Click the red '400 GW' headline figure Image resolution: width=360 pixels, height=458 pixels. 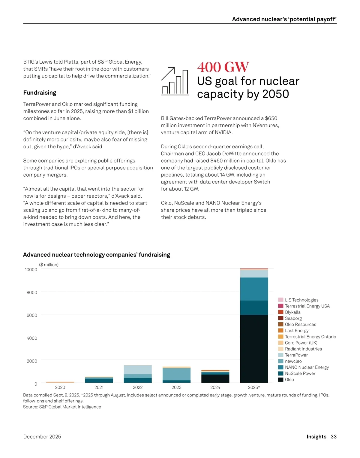[x=223, y=67]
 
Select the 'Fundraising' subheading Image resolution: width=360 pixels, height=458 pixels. [x=40, y=93]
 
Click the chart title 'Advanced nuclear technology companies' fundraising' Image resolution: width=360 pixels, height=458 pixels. [x=96, y=255]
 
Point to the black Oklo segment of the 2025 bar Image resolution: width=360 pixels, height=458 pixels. [x=254, y=348]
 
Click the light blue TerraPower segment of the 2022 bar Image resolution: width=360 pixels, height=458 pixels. [x=138, y=369]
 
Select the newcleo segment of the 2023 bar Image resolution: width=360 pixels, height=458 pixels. [x=176, y=374]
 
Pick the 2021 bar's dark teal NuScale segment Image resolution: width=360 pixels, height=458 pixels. [x=99, y=381]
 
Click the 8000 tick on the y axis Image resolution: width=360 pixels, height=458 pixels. [x=32, y=293]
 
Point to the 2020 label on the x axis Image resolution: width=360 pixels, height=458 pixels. [x=60, y=387]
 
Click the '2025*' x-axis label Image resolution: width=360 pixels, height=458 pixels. [x=254, y=387]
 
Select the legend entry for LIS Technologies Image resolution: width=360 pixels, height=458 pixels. [x=301, y=300]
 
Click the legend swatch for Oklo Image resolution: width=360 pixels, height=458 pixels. [x=281, y=380]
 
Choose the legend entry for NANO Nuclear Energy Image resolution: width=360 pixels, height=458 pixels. [x=307, y=367]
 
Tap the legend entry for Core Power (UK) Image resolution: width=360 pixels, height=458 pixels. [x=301, y=343]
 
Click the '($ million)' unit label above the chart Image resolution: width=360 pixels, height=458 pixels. [x=49, y=265]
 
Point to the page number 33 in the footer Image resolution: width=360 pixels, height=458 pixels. [x=334, y=437]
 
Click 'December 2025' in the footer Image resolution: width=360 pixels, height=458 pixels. [x=42, y=437]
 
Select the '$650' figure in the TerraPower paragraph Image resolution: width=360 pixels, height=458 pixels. [x=271, y=118]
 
